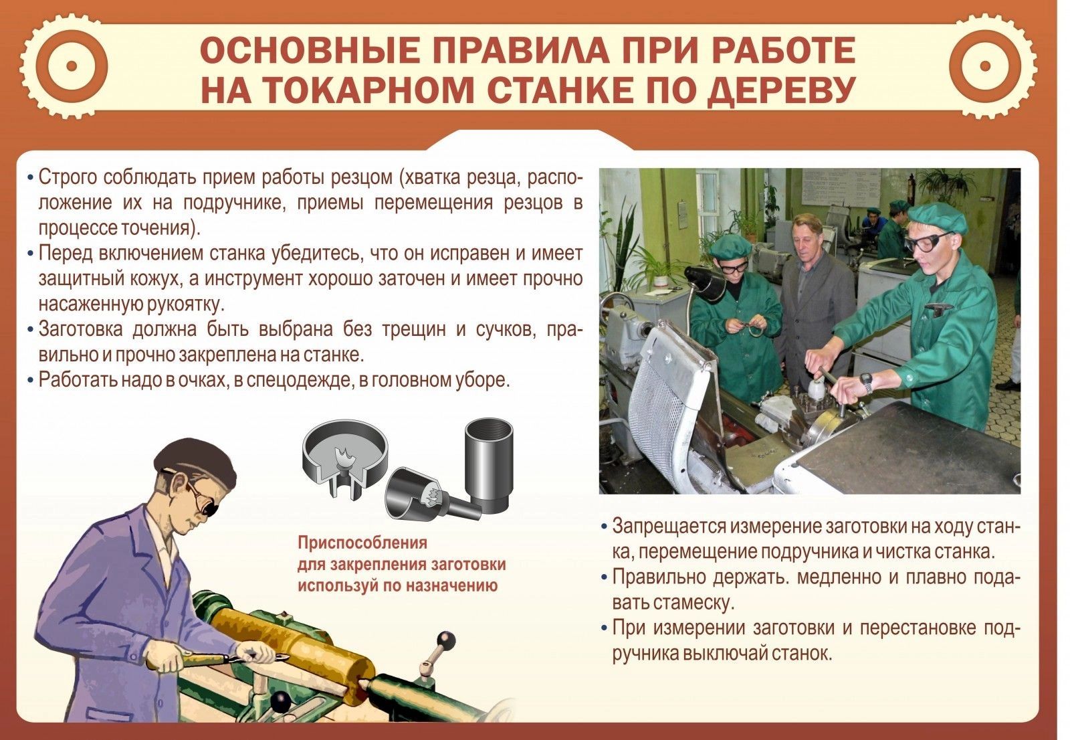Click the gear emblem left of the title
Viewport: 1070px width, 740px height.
(72, 66)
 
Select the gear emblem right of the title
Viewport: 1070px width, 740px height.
(985, 66)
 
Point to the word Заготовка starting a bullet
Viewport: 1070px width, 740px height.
(80, 329)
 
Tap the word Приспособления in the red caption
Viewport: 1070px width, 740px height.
(362, 543)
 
